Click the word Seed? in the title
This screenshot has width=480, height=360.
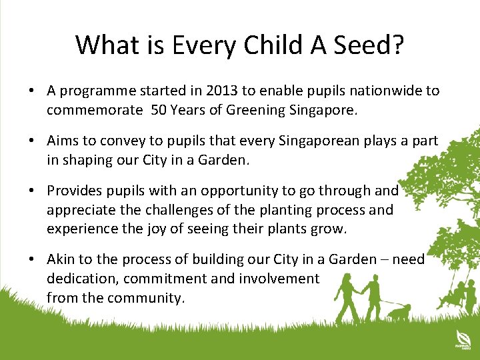(x=366, y=45)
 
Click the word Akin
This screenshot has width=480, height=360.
(x=62, y=259)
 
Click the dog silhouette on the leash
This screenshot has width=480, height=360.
(x=399, y=312)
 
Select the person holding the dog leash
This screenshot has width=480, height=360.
(x=373, y=293)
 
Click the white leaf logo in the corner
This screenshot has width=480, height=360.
(x=459, y=337)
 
